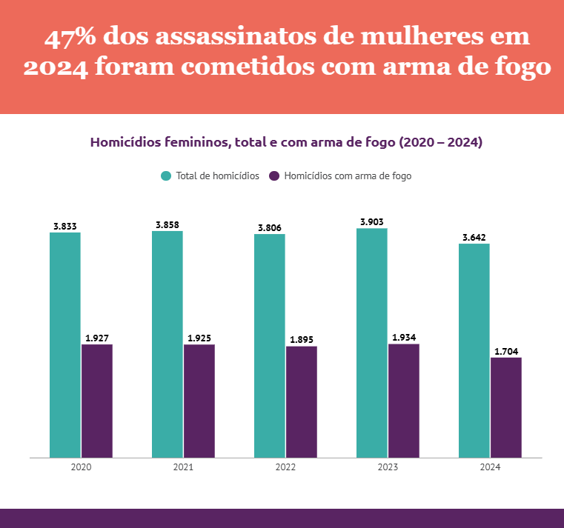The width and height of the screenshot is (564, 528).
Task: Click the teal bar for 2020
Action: coord(65,344)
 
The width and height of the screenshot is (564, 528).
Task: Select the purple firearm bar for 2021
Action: coord(199,401)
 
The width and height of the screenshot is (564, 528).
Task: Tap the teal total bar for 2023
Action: coord(372,342)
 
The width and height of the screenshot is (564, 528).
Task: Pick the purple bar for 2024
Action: coord(506,407)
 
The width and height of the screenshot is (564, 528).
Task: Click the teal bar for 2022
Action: coord(270,346)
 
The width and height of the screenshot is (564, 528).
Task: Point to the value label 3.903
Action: coord(372,221)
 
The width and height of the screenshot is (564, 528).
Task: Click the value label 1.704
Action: coord(506,351)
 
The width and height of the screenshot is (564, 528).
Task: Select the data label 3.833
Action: coord(65,226)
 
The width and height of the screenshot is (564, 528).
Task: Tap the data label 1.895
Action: coord(302,340)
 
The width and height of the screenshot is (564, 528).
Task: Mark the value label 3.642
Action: coord(474,237)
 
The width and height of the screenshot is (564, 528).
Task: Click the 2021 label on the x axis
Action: coord(183,468)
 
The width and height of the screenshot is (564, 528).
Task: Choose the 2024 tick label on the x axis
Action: coord(490,468)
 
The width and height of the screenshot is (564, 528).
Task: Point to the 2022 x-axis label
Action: coord(285,468)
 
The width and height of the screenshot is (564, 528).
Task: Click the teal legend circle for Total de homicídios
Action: coord(166,176)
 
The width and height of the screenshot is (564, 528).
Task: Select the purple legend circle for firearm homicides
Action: coord(274,176)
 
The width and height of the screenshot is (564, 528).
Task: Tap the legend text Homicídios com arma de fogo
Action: coord(348,176)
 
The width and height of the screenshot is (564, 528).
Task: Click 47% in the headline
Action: coord(72,37)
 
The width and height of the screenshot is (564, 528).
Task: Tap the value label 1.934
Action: coord(404,337)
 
